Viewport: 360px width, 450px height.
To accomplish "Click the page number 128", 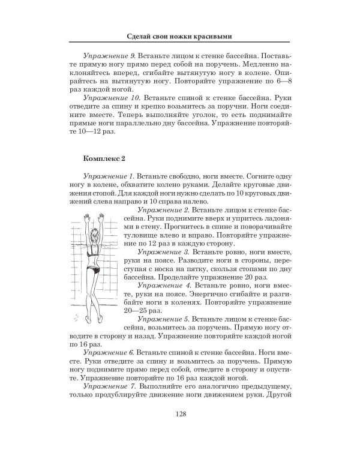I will click(180, 413).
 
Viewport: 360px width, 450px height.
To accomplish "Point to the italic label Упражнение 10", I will click(108, 97).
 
